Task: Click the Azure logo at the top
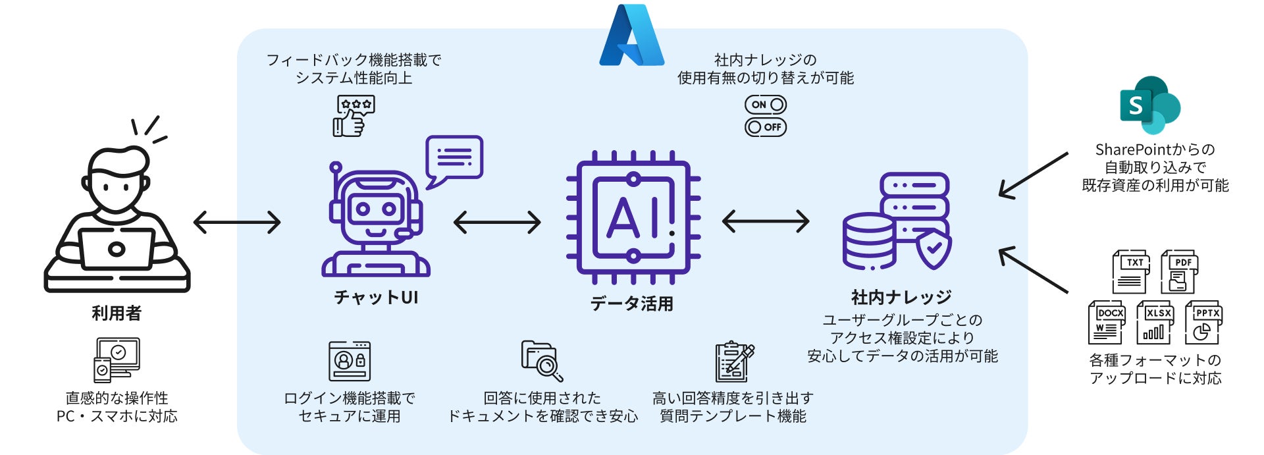point(631,37)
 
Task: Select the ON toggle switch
point(765,105)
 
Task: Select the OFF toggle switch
point(765,127)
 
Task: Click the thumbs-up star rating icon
point(354,116)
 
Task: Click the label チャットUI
point(376,298)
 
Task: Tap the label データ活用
point(631,304)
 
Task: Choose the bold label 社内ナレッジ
point(901,298)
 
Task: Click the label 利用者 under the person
point(117,313)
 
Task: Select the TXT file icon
point(1130,271)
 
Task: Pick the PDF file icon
point(1178,271)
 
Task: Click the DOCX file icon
point(1107,323)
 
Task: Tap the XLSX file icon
point(1155,323)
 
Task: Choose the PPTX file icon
point(1203,323)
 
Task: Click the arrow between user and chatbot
point(237,223)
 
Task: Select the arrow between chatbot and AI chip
point(497,223)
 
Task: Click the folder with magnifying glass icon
point(542,361)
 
